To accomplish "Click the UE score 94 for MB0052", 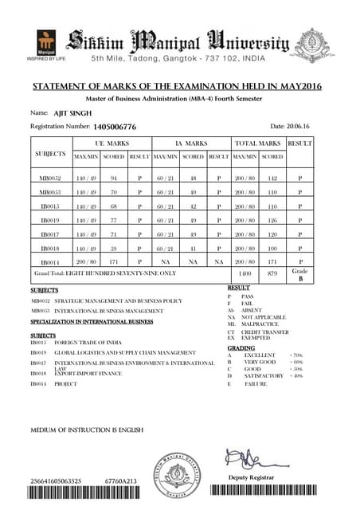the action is [x=114, y=179].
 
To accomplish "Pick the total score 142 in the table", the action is [x=272, y=179].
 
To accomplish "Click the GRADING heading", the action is [x=241, y=348].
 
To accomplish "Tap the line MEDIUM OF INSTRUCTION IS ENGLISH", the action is [x=87, y=430].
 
